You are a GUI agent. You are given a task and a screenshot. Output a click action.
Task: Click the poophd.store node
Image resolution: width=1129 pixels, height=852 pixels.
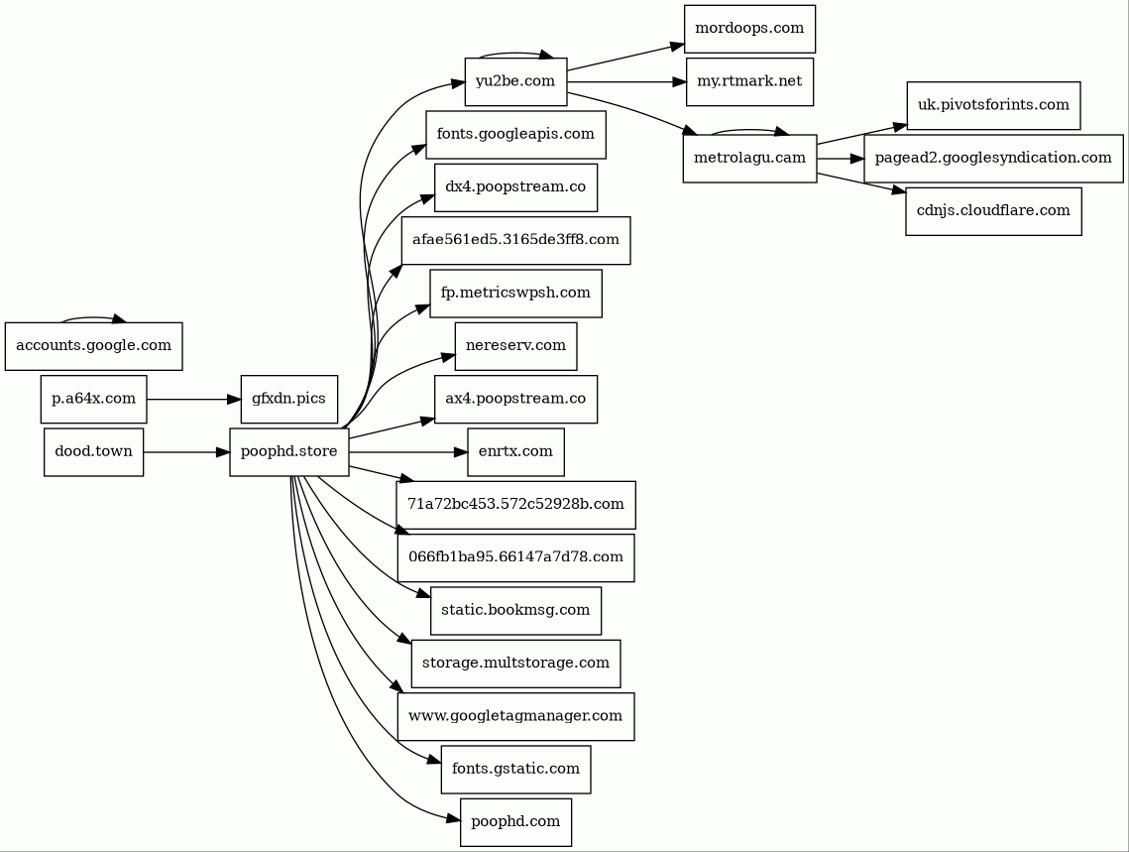tap(288, 452)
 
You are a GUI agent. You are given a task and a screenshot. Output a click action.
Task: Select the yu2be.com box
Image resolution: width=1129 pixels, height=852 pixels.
tap(515, 81)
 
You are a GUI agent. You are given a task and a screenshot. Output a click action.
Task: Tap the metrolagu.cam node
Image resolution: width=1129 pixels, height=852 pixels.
tap(749, 159)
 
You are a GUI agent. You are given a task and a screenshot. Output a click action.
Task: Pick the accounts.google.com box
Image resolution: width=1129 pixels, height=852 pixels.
tap(93, 346)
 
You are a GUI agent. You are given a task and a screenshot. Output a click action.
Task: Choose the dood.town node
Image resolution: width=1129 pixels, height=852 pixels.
tap(93, 452)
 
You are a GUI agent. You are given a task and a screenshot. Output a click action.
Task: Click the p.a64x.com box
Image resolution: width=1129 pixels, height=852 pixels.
tap(93, 400)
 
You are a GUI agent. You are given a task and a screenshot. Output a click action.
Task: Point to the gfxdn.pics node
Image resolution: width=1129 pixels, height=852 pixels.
tap(288, 400)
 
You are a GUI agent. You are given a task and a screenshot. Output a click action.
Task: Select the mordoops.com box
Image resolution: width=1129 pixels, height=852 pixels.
tap(749, 29)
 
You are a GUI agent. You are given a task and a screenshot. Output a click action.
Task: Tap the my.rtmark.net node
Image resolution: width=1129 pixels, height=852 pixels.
tap(749, 81)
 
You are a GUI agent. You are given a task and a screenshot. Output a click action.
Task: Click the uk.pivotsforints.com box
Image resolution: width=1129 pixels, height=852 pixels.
tap(992, 105)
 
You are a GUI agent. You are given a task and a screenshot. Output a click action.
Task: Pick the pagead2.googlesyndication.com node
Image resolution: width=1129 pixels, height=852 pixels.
tap(992, 159)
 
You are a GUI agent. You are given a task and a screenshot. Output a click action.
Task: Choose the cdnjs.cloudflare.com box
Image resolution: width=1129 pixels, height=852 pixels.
tap(992, 211)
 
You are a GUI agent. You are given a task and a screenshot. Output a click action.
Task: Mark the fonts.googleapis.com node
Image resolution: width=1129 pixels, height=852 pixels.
tap(515, 135)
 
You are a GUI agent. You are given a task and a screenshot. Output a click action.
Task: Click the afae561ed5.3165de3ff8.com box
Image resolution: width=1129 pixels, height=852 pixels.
tap(515, 240)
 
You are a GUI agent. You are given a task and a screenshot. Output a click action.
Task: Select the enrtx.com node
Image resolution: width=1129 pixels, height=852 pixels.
tap(515, 452)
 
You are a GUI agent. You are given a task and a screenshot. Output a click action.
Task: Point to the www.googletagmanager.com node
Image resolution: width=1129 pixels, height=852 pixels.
tap(515, 716)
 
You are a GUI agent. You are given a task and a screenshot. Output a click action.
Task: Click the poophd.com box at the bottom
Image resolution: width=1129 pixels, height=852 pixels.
tap(515, 822)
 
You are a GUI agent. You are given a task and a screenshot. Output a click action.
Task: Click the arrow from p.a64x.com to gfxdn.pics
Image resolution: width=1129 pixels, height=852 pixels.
tap(194, 400)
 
